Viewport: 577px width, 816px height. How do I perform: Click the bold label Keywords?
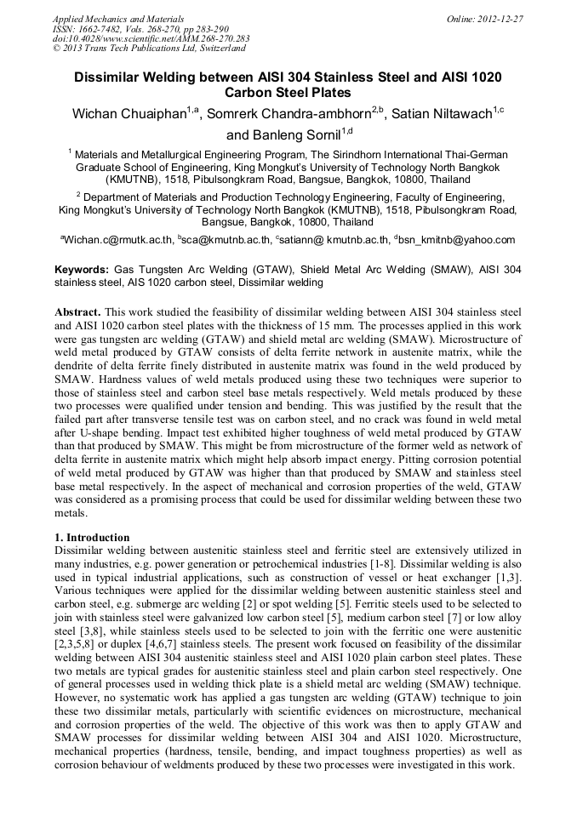coord(82,269)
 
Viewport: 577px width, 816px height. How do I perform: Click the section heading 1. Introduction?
coord(92,538)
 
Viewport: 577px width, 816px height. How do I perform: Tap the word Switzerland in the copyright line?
coord(215,49)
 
